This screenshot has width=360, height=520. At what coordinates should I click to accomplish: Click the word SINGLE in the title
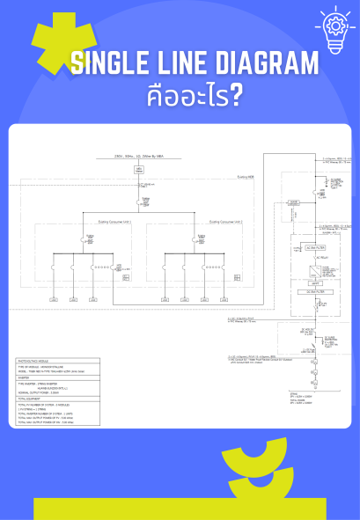tap(112, 63)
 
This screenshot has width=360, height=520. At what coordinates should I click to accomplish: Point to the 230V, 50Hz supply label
tap(139, 156)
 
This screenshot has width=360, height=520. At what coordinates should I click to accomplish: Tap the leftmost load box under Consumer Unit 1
tap(53, 300)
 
